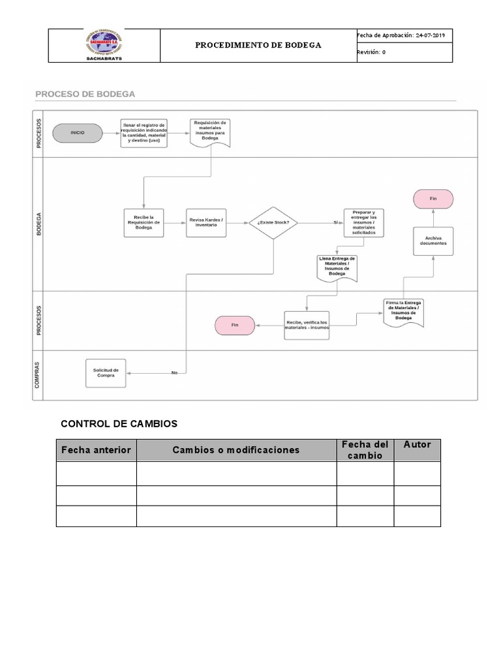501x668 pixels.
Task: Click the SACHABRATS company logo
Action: point(104,45)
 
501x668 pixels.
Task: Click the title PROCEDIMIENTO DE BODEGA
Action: point(258,46)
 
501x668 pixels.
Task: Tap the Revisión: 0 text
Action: point(371,53)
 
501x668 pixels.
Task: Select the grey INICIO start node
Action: point(78,133)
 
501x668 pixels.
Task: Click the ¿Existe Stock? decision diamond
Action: point(273,223)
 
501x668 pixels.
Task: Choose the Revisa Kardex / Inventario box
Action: point(205,223)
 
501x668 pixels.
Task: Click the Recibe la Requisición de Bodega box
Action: point(144,223)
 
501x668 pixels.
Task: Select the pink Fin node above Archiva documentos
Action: point(433,199)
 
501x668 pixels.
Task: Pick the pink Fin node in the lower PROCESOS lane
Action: point(235,325)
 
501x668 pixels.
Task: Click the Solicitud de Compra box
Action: point(106,372)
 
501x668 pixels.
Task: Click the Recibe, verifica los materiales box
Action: point(307,325)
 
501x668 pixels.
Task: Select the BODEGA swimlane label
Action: point(39,223)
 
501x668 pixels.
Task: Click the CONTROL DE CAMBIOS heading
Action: point(119,424)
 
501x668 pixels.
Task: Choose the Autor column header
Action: point(417,445)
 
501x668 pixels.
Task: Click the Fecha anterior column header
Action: point(96,450)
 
